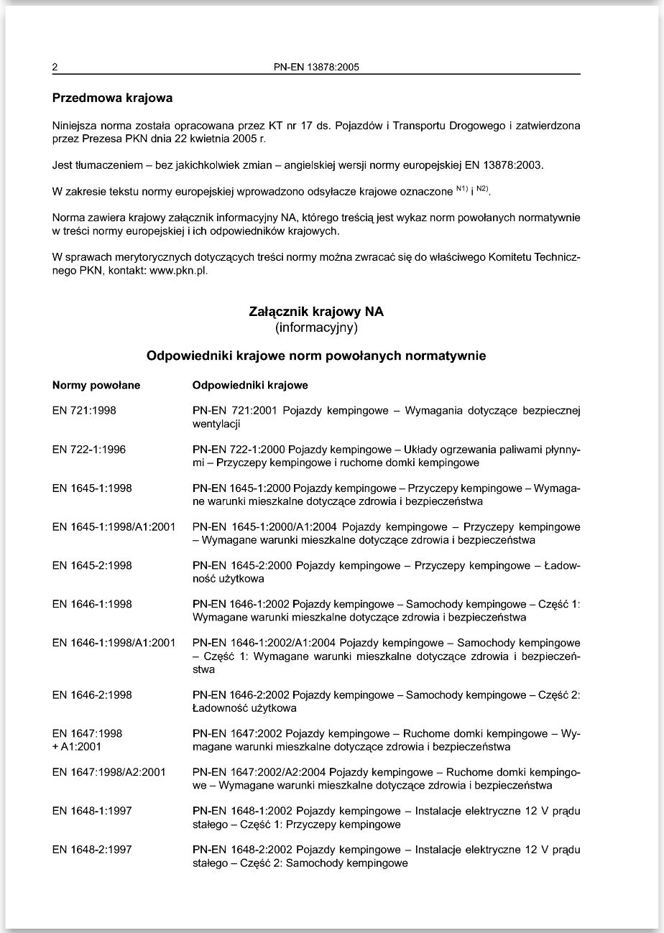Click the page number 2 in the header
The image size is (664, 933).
coord(55,68)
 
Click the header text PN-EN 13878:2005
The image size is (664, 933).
coord(316,68)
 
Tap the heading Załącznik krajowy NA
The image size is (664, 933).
coord(316,312)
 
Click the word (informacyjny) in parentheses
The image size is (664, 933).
coord(316,328)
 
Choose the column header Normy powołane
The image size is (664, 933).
coord(96,385)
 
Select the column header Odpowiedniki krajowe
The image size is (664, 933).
coord(250,385)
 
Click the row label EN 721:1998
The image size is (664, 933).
coord(84,411)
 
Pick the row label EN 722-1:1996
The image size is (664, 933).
coord(89,450)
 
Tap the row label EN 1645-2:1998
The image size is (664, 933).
coord(92,565)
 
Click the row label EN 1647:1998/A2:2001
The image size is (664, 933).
coord(109,772)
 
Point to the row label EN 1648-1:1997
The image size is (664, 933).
coord(92,811)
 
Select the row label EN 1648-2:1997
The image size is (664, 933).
coord(92,850)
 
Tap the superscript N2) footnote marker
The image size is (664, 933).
coord(483,189)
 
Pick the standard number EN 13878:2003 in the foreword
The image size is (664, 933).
coord(501,165)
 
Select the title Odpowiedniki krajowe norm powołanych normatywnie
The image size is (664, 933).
coord(316,356)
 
